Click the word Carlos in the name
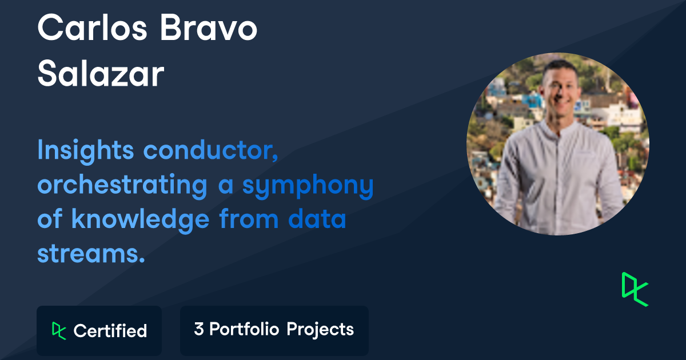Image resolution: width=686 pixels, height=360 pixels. pos(92,27)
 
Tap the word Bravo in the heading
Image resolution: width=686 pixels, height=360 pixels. pos(209,27)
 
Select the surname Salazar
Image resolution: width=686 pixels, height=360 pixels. pos(101,74)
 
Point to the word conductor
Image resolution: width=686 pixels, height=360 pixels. pos(211,150)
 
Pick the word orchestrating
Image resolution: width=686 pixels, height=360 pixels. pos(122,186)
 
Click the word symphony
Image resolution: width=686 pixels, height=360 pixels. pos(308,186)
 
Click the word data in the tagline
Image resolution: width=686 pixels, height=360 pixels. pos(317,218)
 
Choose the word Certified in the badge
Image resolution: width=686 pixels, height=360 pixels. pos(110,331)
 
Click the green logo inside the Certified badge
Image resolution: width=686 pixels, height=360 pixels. pos(59,331)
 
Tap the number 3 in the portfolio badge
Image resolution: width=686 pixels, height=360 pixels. pos(199,329)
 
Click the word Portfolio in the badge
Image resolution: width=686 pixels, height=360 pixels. pos(244,329)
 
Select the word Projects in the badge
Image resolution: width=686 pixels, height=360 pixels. pos(320,330)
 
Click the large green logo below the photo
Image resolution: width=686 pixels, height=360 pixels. pos(635,289)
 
